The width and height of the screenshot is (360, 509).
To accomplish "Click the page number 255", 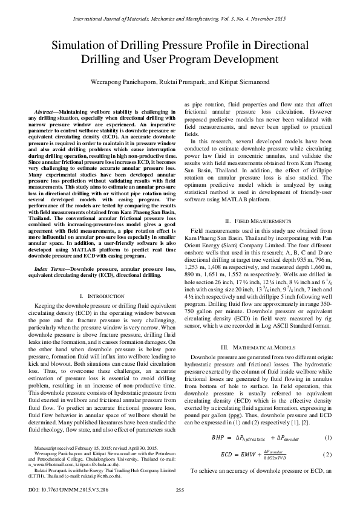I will [x=180, y=491].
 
